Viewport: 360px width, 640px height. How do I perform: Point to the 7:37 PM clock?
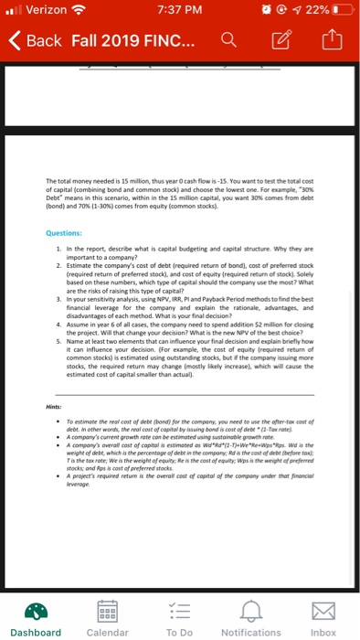coord(180,10)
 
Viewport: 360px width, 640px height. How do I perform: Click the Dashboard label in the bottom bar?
coord(37,632)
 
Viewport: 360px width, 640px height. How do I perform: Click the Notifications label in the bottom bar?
coord(251,632)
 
